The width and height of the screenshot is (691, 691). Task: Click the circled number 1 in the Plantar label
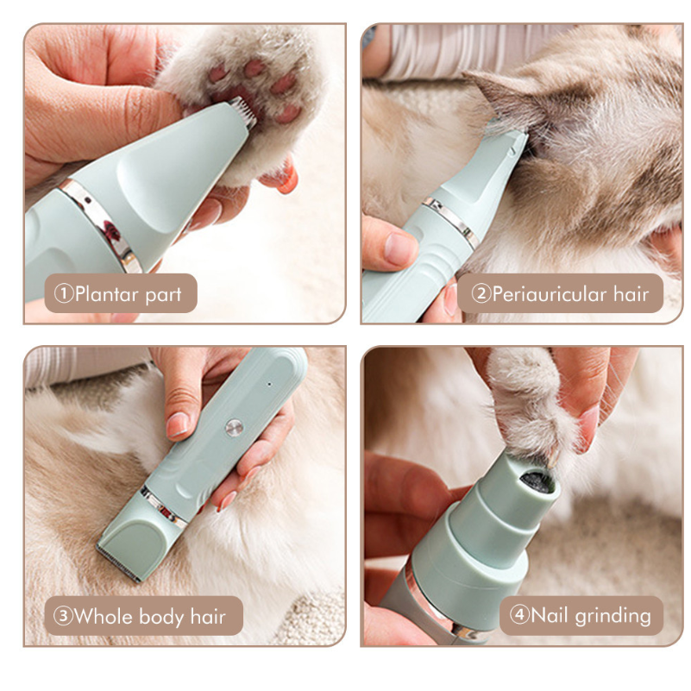[x=64, y=293]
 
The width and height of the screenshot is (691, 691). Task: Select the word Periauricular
[x=550, y=294]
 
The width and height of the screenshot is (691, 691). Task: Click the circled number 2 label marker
[x=481, y=293]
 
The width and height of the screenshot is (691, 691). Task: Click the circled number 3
[x=63, y=616]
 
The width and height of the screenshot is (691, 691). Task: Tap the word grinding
[x=613, y=616]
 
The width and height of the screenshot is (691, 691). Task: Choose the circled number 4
[x=519, y=614]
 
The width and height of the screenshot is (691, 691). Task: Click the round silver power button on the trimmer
[x=234, y=428]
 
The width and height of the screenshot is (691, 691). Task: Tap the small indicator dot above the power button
[x=269, y=384]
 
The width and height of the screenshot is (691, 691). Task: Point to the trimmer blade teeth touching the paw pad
[x=242, y=112]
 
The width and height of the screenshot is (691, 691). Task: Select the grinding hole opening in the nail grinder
[x=536, y=481]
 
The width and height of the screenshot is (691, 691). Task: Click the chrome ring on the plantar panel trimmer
[x=103, y=226]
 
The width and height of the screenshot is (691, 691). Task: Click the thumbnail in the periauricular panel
[x=399, y=249]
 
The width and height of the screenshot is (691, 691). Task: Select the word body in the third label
[x=161, y=617]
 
